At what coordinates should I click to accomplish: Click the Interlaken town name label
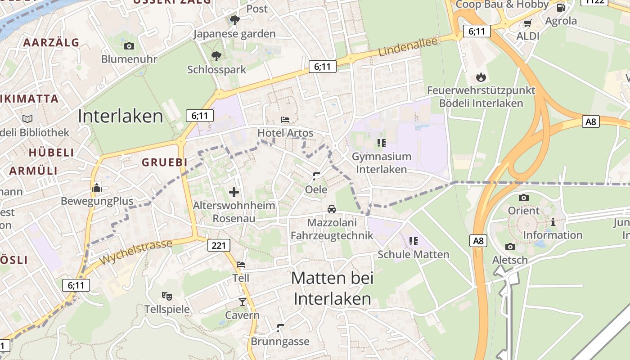[120, 116]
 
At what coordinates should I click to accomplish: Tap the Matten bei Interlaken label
[333, 288]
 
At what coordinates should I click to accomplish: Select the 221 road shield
[219, 245]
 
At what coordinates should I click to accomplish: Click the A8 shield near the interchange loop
[591, 121]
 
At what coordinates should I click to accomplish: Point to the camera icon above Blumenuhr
[129, 46]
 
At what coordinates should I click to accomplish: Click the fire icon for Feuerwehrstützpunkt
[481, 77]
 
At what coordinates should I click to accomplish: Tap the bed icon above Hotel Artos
[285, 120]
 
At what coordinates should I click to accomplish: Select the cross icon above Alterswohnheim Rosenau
[234, 193]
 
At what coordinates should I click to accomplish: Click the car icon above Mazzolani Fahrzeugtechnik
[332, 209]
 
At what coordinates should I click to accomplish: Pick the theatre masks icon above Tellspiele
[167, 296]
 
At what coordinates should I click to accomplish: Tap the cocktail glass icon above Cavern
[243, 302]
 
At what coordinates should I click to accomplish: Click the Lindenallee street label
[408, 47]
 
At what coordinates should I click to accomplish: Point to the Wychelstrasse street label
[135, 252]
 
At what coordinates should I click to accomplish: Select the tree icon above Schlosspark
[216, 56]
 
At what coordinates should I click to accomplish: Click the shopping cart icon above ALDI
[528, 23]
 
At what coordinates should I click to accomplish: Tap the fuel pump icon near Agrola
[561, 8]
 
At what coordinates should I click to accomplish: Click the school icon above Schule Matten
[414, 241]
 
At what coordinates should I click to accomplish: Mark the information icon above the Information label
[553, 222]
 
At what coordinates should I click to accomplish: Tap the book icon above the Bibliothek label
[27, 119]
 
